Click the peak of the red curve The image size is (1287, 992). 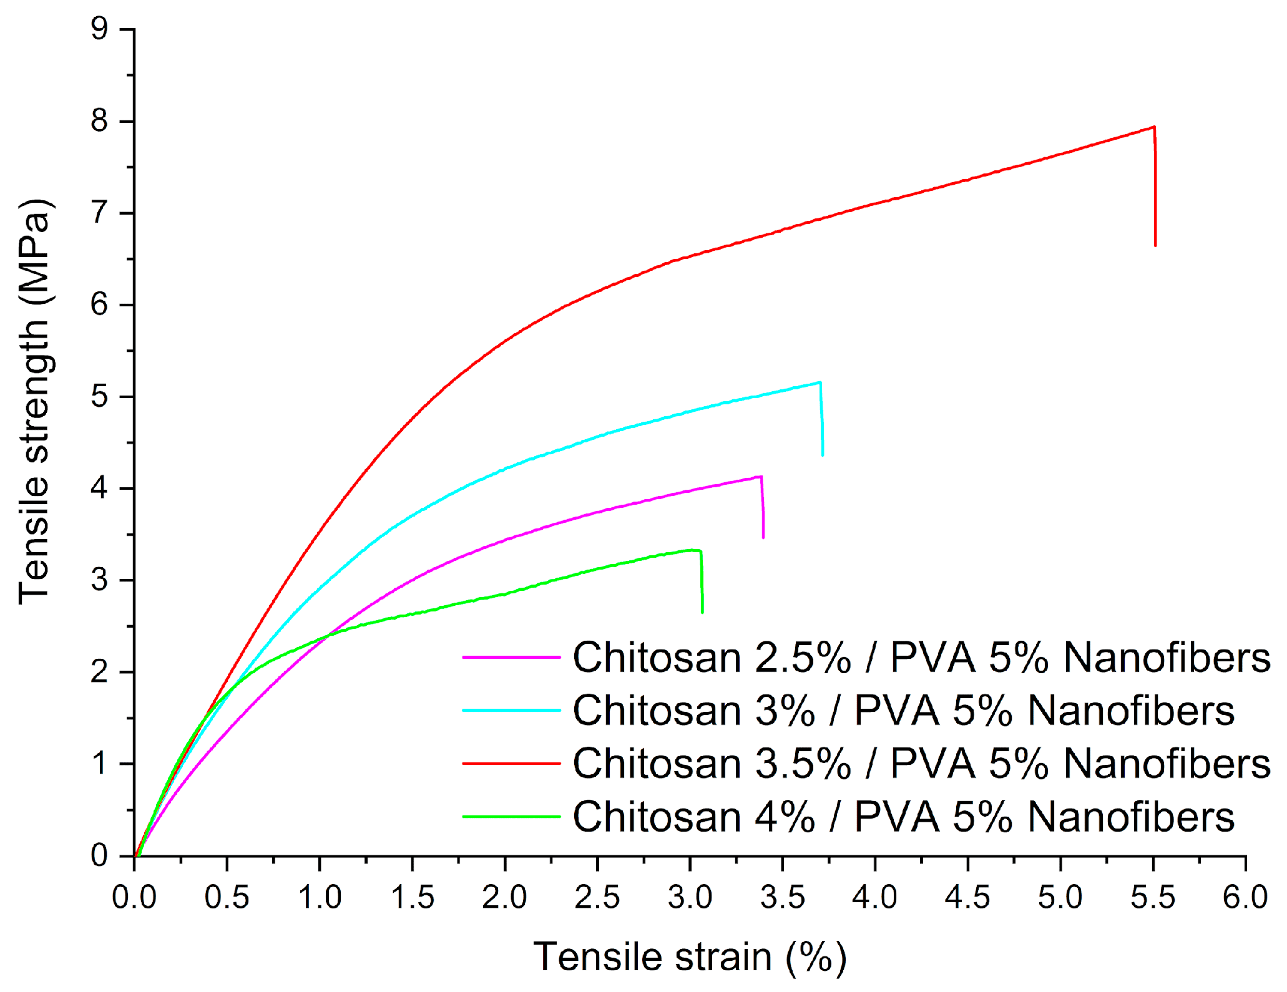[1154, 127]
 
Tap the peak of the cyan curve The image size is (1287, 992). [820, 382]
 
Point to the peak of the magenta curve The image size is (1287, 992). [760, 477]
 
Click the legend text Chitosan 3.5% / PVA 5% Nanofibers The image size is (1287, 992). [921, 764]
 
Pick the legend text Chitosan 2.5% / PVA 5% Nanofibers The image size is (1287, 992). [921, 658]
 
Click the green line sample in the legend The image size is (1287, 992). [511, 816]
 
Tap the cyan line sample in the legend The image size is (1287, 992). [511, 710]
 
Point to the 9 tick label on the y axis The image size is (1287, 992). [99, 29]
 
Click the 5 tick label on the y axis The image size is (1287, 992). [99, 397]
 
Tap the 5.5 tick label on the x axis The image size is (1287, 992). [1153, 897]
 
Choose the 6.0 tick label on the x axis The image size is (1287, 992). [1245, 897]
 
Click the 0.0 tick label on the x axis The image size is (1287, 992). [134, 897]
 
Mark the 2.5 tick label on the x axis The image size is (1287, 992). [597, 897]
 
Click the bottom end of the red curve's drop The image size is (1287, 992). [1155, 245]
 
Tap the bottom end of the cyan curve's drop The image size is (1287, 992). [823, 455]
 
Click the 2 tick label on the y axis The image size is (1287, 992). [99, 673]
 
